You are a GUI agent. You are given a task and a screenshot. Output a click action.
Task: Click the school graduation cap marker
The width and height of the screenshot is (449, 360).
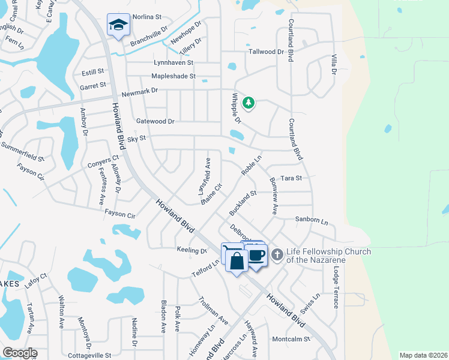(x=118, y=25)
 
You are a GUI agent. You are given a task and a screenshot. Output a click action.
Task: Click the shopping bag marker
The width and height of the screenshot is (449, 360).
(x=237, y=262)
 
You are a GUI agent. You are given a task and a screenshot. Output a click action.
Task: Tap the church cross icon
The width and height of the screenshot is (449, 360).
(x=277, y=255)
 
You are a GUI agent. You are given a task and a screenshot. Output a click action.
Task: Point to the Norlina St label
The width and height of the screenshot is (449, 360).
(x=147, y=17)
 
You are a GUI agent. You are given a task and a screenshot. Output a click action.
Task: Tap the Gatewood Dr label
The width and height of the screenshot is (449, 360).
(x=155, y=121)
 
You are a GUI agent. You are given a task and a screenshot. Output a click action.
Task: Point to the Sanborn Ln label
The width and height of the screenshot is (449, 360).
(x=312, y=220)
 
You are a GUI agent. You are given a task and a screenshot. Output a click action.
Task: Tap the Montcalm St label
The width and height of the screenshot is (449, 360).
(x=291, y=339)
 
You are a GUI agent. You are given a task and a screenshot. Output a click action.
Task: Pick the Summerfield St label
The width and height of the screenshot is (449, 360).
(x=22, y=152)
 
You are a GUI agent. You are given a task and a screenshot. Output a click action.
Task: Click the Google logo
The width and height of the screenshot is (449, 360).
(x=20, y=353)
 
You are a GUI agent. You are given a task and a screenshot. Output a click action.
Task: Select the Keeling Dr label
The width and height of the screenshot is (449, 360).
(x=191, y=250)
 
